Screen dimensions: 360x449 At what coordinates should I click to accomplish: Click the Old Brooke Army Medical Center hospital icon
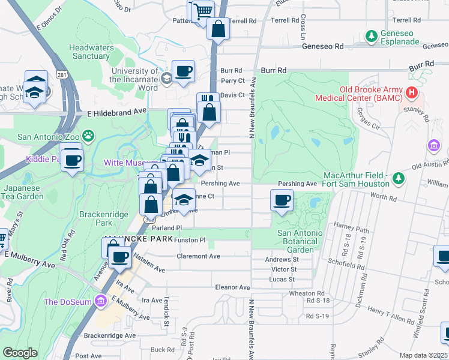(412, 92)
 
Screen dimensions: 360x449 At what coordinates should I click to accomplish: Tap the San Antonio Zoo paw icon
(88, 136)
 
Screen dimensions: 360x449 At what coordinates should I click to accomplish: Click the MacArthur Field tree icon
(397, 178)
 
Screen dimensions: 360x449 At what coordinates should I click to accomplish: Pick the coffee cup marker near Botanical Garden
(282, 200)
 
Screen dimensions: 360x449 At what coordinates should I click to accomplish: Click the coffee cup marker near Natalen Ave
(120, 257)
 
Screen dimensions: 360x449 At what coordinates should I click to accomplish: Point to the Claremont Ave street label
(198, 256)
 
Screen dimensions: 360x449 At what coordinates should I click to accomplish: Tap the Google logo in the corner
(20, 353)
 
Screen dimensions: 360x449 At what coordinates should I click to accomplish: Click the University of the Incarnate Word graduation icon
(166, 77)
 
